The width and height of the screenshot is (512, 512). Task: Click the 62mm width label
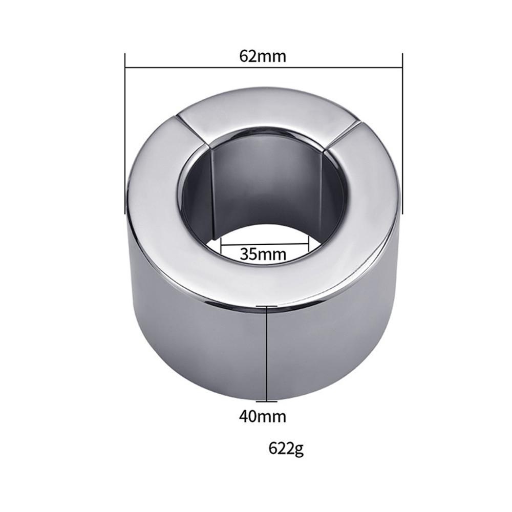tap(263, 56)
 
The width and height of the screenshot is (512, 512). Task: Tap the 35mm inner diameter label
tap(263, 253)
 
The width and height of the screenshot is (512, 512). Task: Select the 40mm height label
tap(263, 416)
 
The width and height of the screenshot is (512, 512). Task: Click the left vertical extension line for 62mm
tap(125, 133)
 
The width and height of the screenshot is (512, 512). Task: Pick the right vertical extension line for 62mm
tap(403, 133)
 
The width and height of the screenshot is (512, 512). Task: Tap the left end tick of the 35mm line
tap(221, 247)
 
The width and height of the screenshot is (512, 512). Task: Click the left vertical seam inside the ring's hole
tap(212, 195)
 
